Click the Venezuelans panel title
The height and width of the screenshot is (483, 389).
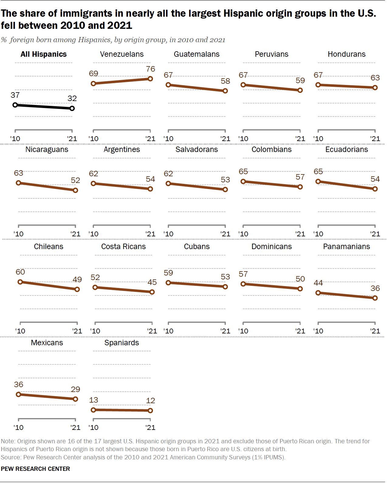(x=122, y=54)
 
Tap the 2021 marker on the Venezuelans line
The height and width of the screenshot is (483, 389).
(x=150, y=79)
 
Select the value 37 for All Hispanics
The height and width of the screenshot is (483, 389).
(x=15, y=95)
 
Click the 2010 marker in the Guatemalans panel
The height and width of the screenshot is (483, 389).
(x=168, y=85)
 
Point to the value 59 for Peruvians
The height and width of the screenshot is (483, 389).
(x=300, y=81)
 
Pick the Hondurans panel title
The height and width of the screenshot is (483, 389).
(x=346, y=54)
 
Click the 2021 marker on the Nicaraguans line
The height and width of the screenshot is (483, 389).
(x=75, y=190)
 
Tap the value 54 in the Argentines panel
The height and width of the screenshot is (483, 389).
(x=150, y=179)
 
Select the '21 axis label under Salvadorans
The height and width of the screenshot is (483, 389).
(x=225, y=234)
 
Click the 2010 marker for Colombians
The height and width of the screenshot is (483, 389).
(x=243, y=181)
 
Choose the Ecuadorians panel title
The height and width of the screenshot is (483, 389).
(x=346, y=150)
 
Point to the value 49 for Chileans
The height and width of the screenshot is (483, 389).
(x=77, y=279)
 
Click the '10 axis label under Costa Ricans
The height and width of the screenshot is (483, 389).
(x=95, y=331)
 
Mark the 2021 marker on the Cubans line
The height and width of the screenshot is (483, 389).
(x=225, y=287)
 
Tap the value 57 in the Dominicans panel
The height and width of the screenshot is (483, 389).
(x=243, y=274)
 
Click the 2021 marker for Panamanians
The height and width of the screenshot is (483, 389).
(x=375, y=298)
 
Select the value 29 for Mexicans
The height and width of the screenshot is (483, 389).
(x=75, y=390)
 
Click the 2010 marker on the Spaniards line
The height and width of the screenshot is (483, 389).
(x=93, y=410)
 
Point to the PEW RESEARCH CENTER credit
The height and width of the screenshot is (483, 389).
(x=35, y=469)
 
